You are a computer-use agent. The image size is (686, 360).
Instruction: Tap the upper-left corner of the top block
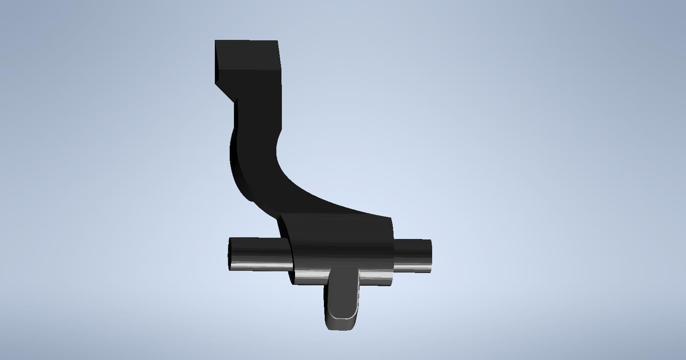(x=215, y=40)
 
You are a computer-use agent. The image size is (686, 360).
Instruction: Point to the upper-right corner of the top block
(x=278, y=41)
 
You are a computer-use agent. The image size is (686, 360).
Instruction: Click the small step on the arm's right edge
(x=280, y=132)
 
